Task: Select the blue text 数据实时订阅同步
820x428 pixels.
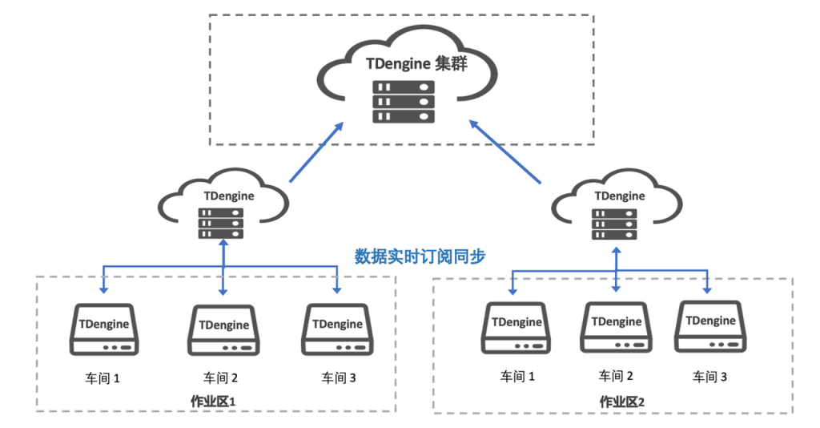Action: point(420,256)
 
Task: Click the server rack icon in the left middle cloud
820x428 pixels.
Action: point(220,223)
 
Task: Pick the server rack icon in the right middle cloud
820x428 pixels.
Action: point(614,224)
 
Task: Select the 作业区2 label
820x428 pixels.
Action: point(622,401)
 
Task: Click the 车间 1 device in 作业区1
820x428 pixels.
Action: point(107,329)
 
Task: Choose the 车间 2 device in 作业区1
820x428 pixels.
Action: point(223,329)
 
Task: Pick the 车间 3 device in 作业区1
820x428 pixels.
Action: point(337,329)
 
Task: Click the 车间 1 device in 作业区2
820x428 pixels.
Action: point(517,327)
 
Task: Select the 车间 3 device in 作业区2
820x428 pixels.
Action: point(711,325)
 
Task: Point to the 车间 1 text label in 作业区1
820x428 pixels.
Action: point(102,377)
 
